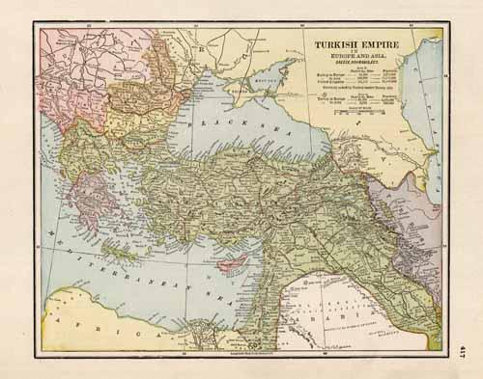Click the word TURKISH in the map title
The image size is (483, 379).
pyautogui.click(x=329, y=44)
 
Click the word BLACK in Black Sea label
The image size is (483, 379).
pyautogui.click(x=213, y=123)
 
